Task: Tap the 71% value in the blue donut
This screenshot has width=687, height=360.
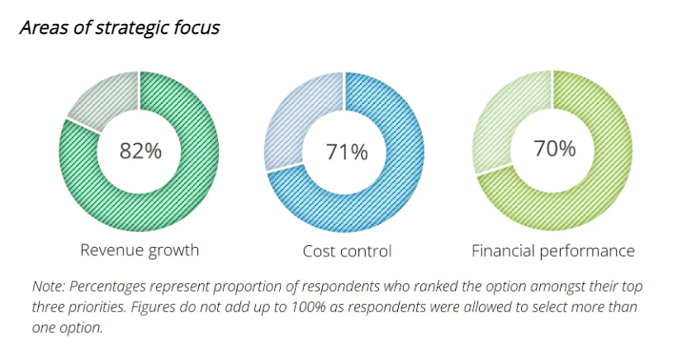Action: click(x=346, y=151)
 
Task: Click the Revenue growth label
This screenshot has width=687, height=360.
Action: click(x=140, y=249)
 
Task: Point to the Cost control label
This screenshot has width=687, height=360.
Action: click(x=347, y=250)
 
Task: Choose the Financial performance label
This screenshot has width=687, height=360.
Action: click(x=553, y=250)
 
